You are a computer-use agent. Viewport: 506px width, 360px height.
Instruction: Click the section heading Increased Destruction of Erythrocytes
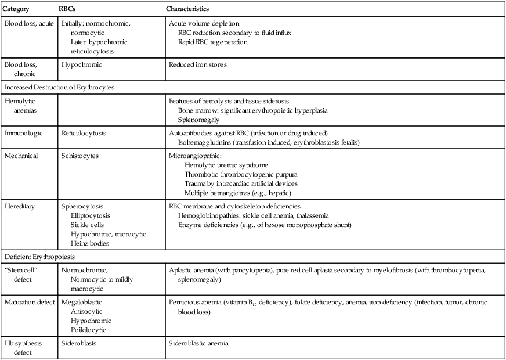[x=67, y=87]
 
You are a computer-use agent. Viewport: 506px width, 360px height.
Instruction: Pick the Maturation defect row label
[x=30, y=303]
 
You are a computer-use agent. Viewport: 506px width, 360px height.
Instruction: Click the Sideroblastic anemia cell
[x=198, y=343]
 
